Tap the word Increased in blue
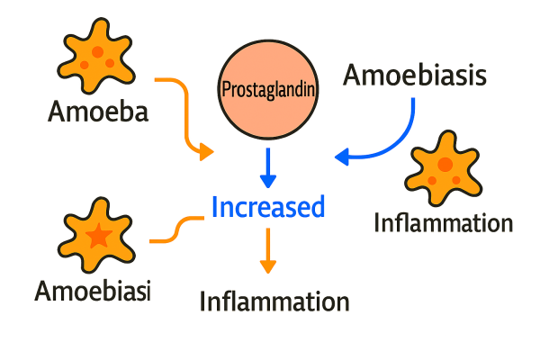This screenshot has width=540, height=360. pos(267,207)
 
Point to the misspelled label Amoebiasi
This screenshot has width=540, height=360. pos(93,290)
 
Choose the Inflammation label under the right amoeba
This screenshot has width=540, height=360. pos(444,222)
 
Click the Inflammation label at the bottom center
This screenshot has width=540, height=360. pos(273,300)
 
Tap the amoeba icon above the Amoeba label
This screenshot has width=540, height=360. pos(96,61)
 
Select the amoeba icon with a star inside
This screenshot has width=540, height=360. pos(99,236)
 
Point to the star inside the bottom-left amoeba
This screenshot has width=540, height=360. pos(99,237)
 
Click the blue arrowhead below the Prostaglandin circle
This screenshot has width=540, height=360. pos(267,179)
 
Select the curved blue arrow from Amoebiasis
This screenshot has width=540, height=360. pos(396,139)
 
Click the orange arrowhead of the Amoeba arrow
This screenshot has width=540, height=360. pos(207,152)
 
